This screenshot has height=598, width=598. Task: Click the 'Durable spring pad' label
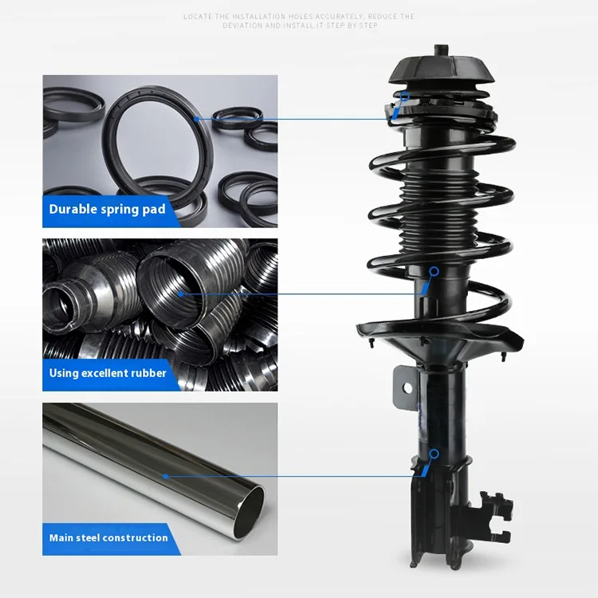pos(108,209)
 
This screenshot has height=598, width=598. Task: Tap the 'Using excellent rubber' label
pos(108,373)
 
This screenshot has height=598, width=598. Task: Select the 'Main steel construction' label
pos(108,537)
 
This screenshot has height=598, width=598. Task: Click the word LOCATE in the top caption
pos(198,17)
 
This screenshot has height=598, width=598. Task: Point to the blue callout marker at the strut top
pos(404,97)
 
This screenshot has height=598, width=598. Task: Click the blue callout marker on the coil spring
pos(434,272)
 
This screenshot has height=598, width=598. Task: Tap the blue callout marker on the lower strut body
pos(434,454)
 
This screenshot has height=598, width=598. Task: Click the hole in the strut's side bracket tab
pos(407,388)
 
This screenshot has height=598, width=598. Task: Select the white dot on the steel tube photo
pos(166,477)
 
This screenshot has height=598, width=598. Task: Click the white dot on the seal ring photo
pos(195,120)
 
